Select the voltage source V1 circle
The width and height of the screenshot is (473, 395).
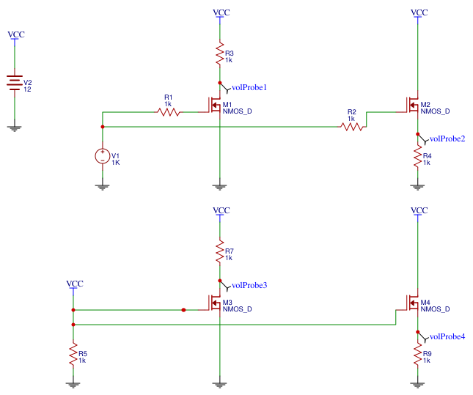point(102,156)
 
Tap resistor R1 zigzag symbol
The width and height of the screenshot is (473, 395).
point(169,112)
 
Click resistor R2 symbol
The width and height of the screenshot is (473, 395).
point(352,127)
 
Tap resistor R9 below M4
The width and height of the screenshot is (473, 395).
point(417,355)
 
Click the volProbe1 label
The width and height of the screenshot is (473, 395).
point(249,88)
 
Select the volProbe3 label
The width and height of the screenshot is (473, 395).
point(249,285)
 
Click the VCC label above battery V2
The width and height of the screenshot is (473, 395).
point(15,34)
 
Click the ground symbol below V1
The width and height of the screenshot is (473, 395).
point(102,186)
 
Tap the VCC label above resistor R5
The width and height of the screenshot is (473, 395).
point(74,284)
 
